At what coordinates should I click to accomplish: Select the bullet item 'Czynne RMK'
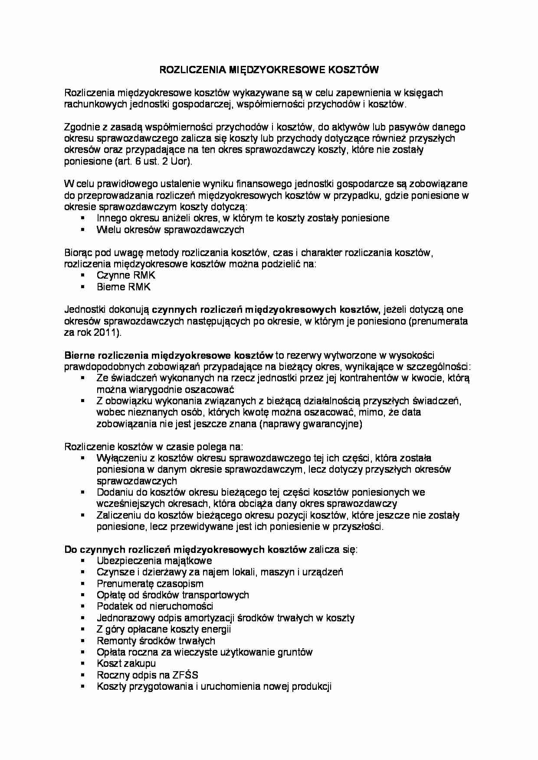click(126, 276)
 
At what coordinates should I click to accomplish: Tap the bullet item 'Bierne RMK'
click(124, 287)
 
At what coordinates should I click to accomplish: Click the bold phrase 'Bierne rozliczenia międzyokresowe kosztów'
click(168, 355)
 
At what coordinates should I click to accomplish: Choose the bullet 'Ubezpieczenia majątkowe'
click(154, 561)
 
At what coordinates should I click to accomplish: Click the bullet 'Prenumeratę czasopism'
click(150, 584)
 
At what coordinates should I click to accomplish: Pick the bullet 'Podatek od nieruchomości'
click(155, 606)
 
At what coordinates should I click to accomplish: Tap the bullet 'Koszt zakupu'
click(126, 663)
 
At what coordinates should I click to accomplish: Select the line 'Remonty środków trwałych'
click(156, 641)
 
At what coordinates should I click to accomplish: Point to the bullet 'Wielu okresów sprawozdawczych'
click(170, 230)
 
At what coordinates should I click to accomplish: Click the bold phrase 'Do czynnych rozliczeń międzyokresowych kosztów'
click(186, 549)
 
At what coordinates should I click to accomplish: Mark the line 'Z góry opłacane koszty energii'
click(164, 629)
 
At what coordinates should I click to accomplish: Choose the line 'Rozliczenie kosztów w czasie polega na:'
click(154, 447)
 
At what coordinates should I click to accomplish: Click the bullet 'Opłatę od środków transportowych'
click(173, 595)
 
